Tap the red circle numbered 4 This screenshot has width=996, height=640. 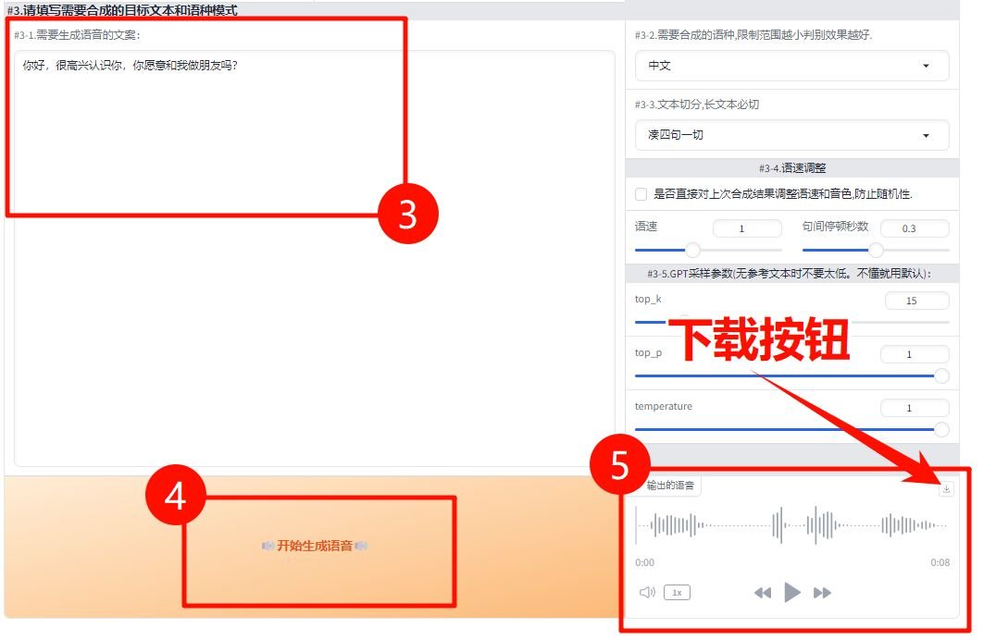coord(176,498)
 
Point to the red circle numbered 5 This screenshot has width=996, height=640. coord(620,465)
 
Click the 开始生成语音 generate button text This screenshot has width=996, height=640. coord(315,547)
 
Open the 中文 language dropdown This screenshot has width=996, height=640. coord(791,66)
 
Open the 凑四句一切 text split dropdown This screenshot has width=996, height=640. coord(791,135)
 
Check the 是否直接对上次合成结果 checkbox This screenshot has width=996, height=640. coord(641,194)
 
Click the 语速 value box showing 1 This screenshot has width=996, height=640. coord(747,228)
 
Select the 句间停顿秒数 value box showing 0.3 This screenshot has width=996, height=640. coord(914,228)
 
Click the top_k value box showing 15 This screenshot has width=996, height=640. coord(916,301)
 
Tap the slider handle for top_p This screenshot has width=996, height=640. coord(942,375)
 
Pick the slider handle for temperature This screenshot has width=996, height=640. coord(942,429)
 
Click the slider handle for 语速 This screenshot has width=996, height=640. coord(692,250)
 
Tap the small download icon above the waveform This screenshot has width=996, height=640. coord(946,488)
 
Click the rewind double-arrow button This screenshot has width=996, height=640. coord(763,593)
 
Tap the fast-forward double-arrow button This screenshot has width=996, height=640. coord(822,593)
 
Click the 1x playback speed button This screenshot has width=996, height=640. coord(677,593)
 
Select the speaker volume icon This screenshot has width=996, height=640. coord(647,593)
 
